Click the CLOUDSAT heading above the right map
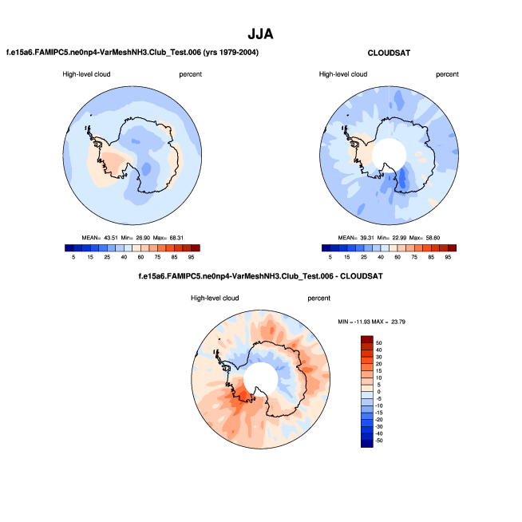[x=388, y=53]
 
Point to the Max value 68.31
[x=186, y=238]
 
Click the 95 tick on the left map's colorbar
[x=193, y=258]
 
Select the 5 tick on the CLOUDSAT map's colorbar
[x=329, y=258]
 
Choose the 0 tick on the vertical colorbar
[x=379, y=392]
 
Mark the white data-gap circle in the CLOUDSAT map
[x=388, y=151]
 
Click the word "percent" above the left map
[x=191, y=74]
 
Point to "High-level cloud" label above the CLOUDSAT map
[x=342, y=74]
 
